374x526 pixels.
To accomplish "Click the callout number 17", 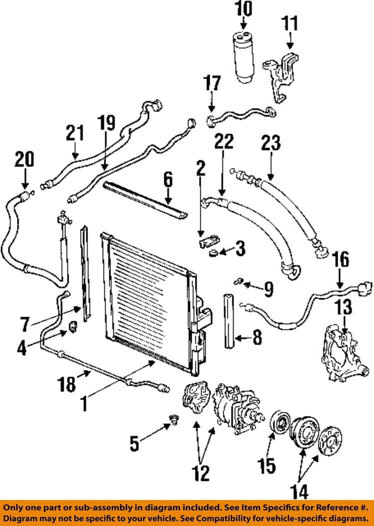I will [x=212, y=83].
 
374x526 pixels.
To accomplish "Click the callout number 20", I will [x=24, y=159].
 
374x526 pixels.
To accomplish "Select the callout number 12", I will [x=202, y=472].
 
